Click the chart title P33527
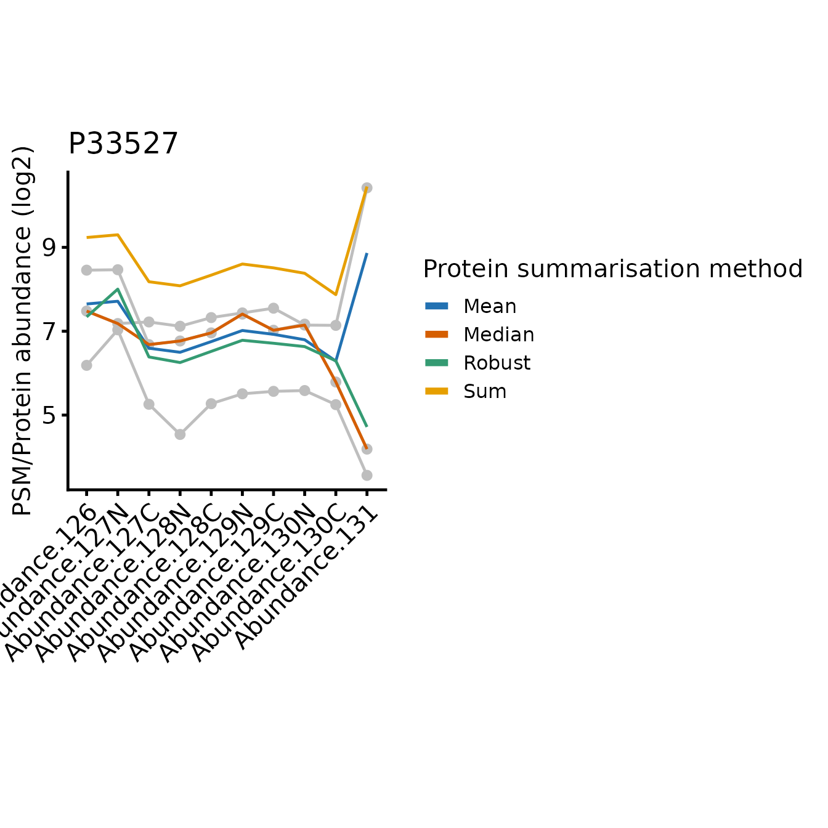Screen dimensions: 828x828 click(x=123, y=144)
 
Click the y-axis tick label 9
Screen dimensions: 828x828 click(x=49, y=248)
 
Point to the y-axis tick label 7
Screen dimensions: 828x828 click(x=49, y=331)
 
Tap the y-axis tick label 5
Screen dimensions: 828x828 click(x=49, y=415)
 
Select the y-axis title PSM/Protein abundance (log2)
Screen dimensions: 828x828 click(x=22, y=331)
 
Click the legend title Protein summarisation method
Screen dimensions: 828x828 click(x=612, y=269)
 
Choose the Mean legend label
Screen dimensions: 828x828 click(x=490, y=306)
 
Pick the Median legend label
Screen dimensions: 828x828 click(x=498, y=335)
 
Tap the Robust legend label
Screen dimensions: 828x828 click(x=497, y=363)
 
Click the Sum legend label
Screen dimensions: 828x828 click(x=485, y=391)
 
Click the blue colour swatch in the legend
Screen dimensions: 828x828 click(x=437, y=306)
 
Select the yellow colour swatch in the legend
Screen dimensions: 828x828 click(x=437, y=391)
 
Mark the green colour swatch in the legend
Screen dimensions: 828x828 click(x=437, y=363)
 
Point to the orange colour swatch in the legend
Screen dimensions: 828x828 click(x=437, y=335)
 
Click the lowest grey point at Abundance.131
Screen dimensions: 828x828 click(x=367, y=475)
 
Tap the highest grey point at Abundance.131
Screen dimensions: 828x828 click(x=367, y=188)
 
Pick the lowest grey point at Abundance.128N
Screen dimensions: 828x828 click(x=180, y=434)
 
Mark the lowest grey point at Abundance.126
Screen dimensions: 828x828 click(x=87, y=365)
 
